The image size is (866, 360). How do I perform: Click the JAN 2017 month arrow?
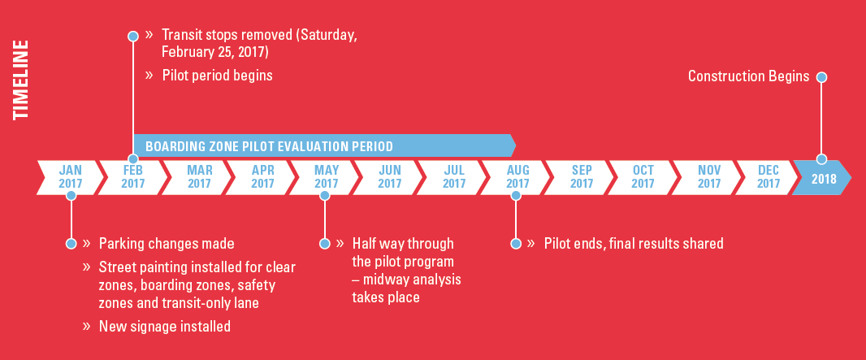coord(70,177)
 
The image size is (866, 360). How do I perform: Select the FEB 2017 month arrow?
coord(132,177)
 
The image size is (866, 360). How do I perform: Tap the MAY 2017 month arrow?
coord(326,177)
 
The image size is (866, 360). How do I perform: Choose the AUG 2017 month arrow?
coord(517,177)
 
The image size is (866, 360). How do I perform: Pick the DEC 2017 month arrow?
coord(769,177)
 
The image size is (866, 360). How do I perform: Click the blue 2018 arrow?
coord(822,177)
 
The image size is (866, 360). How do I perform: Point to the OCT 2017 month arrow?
coord(643,177)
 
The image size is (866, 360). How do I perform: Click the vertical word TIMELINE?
coord(20,80)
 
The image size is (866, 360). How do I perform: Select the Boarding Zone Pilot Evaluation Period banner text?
coord(269,146)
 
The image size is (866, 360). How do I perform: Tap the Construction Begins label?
coord(748,76)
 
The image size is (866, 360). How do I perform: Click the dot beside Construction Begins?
coord(821,77)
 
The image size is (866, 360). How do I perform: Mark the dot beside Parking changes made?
coord(71,244)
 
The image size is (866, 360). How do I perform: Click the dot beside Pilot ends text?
coord(516,244)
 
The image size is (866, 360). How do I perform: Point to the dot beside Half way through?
coord(325,244)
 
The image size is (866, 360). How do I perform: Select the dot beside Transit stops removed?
coord(132,37)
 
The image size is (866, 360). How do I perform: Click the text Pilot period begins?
coord(218,75)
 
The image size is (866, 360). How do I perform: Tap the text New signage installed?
coord(165,327)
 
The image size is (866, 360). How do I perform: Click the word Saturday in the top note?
coord(328,35)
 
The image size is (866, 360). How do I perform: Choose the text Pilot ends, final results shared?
coord(634,244)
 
